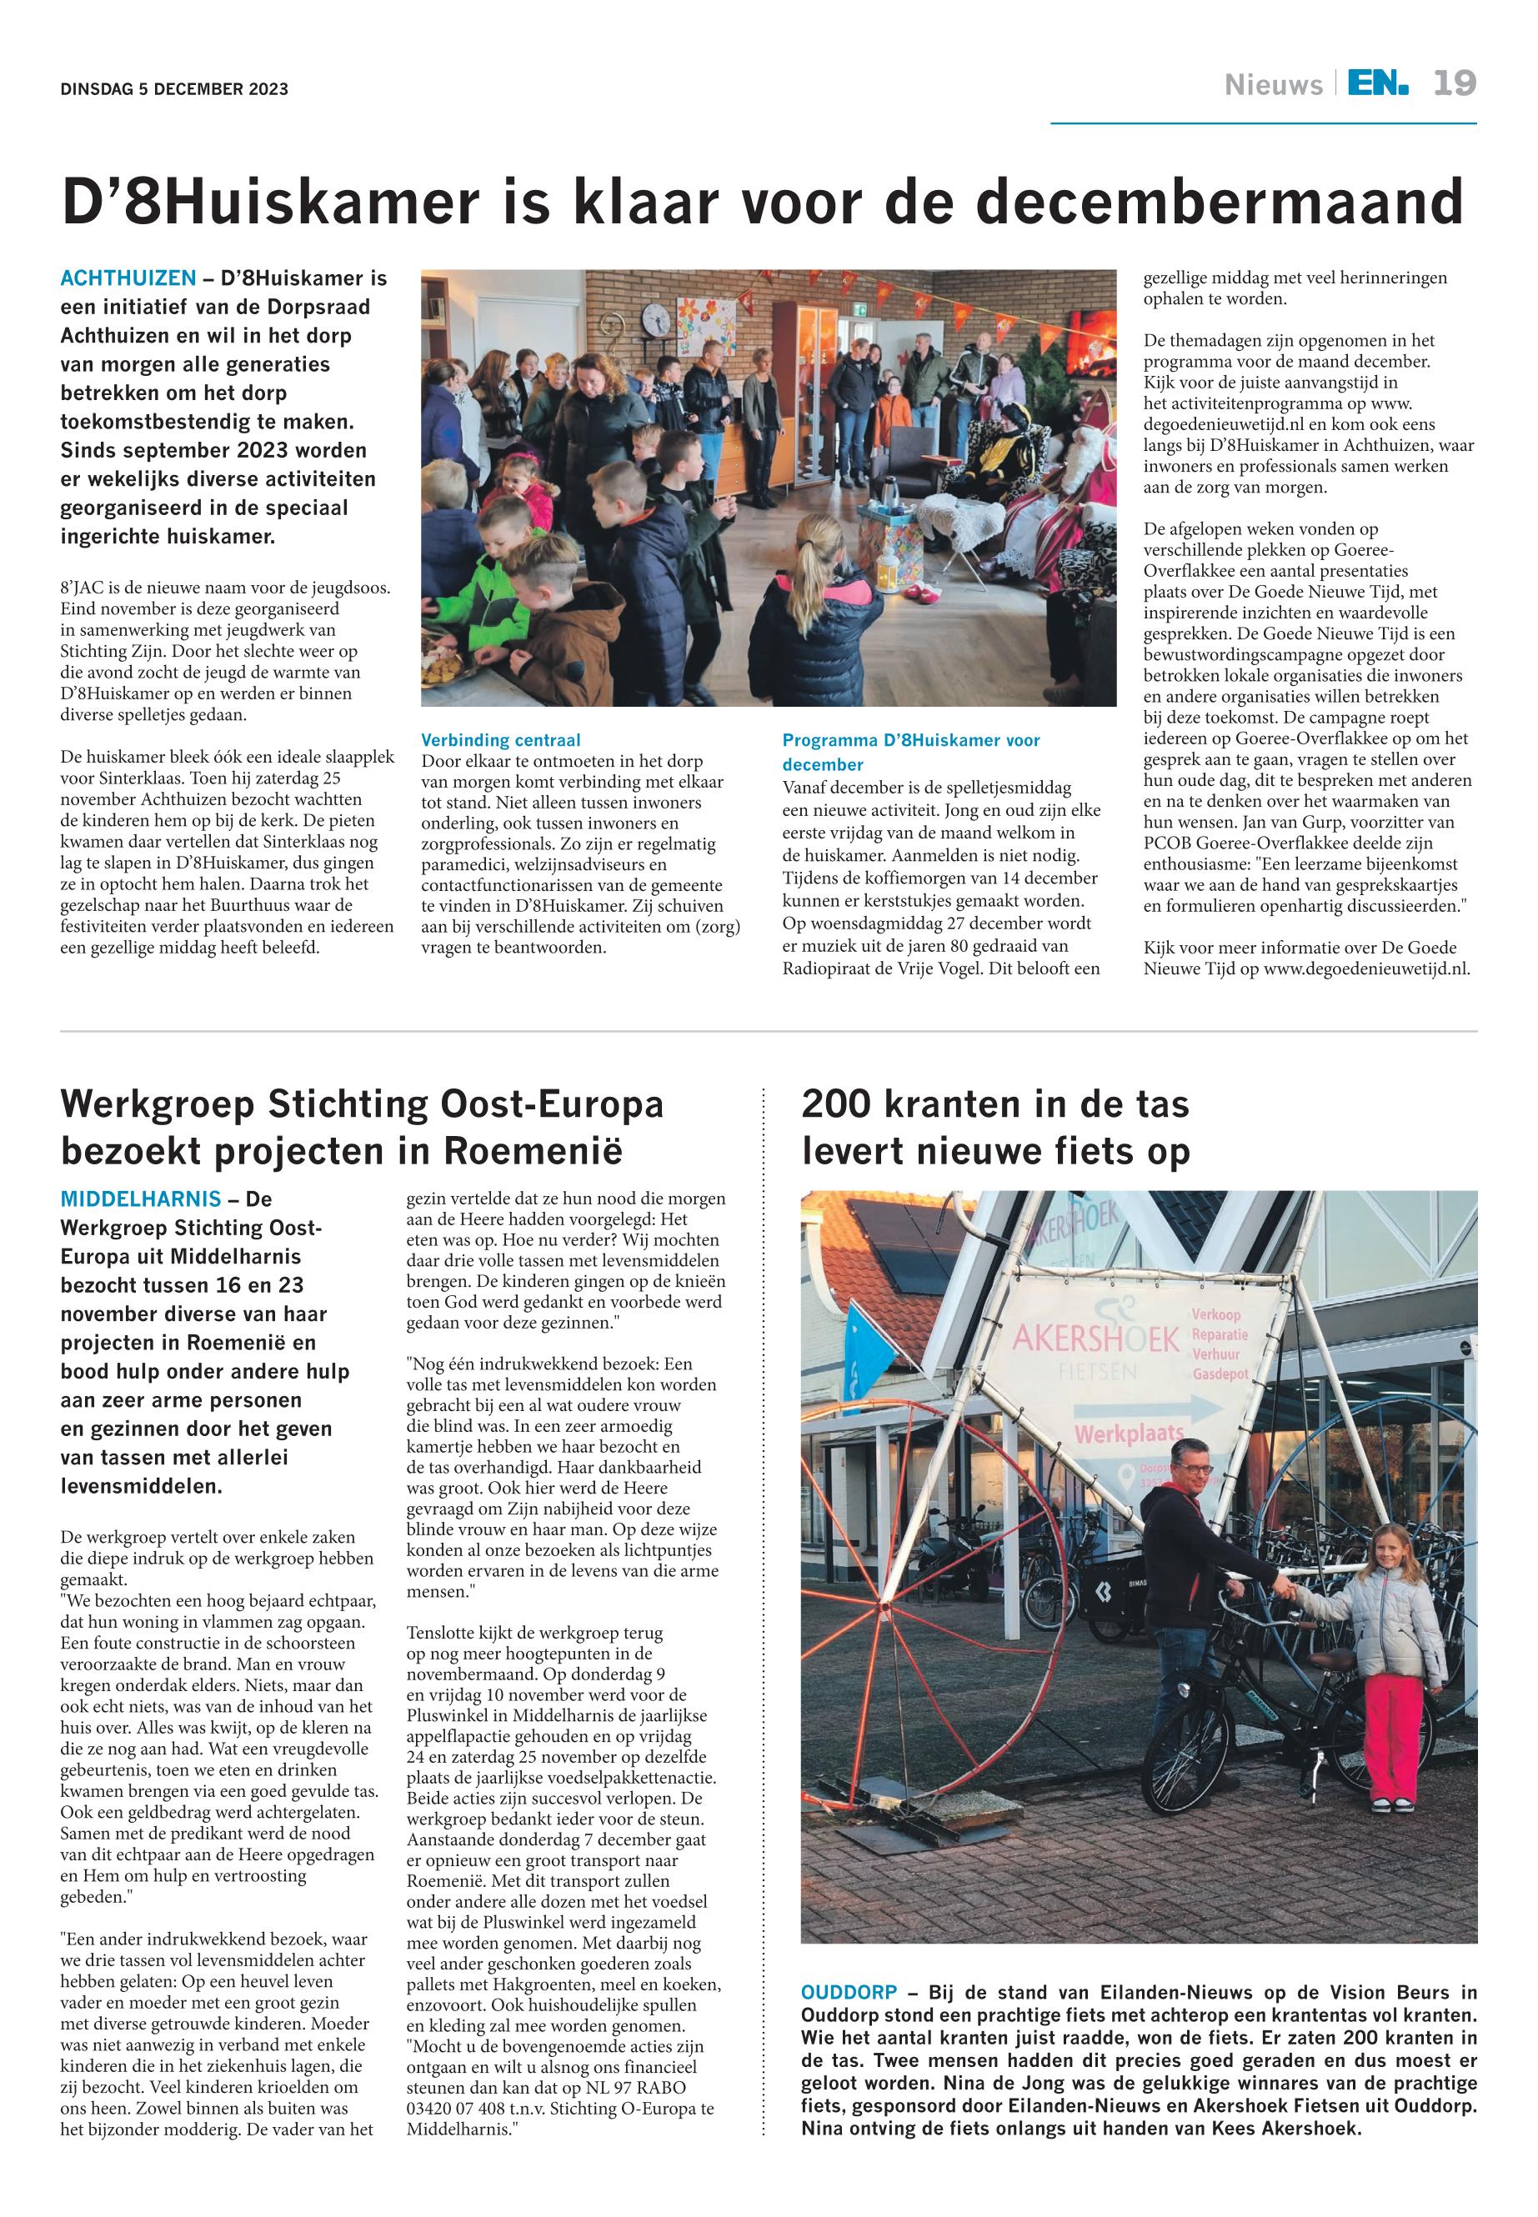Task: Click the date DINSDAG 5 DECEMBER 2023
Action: click(x=174, y=90)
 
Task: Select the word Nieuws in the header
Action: click(x=1273, y=86)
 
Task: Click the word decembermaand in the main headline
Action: click(x=1221, y=202)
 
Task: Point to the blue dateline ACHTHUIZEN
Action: click(x=128, y=278)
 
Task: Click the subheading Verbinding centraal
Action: click(x=500, y=740)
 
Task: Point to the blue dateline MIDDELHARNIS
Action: click(x=141, y=1199)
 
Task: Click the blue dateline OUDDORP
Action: click(x=848, y=1991)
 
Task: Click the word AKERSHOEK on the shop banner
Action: click(x=1095, y=1339)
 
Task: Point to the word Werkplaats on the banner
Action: click(x=1129, y=1434)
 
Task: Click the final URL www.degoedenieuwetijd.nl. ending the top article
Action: click(x=1366, y=969)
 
